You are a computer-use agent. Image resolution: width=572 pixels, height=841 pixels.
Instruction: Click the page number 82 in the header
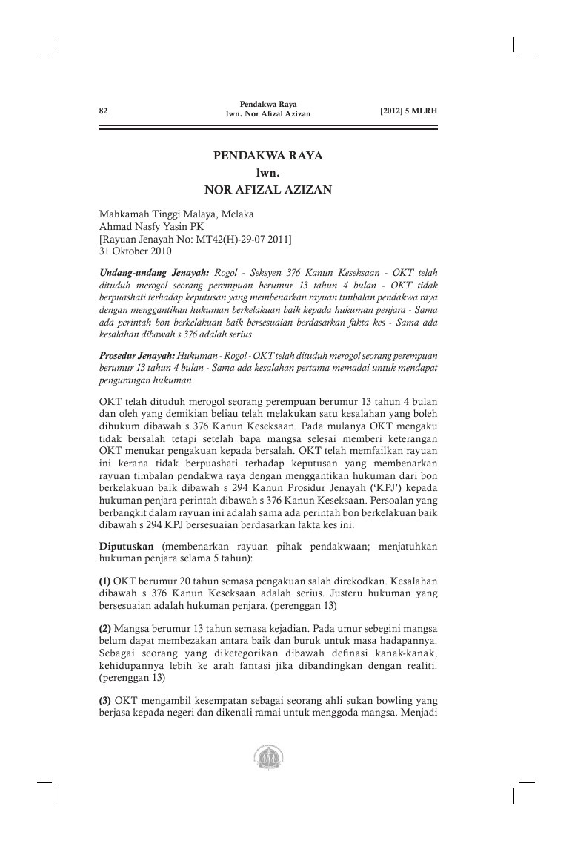tap(104, 111)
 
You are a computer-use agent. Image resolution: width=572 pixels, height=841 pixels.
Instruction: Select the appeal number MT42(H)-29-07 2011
tap(236, 239)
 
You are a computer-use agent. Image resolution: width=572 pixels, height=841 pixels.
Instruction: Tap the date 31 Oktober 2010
tap(135, 251)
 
